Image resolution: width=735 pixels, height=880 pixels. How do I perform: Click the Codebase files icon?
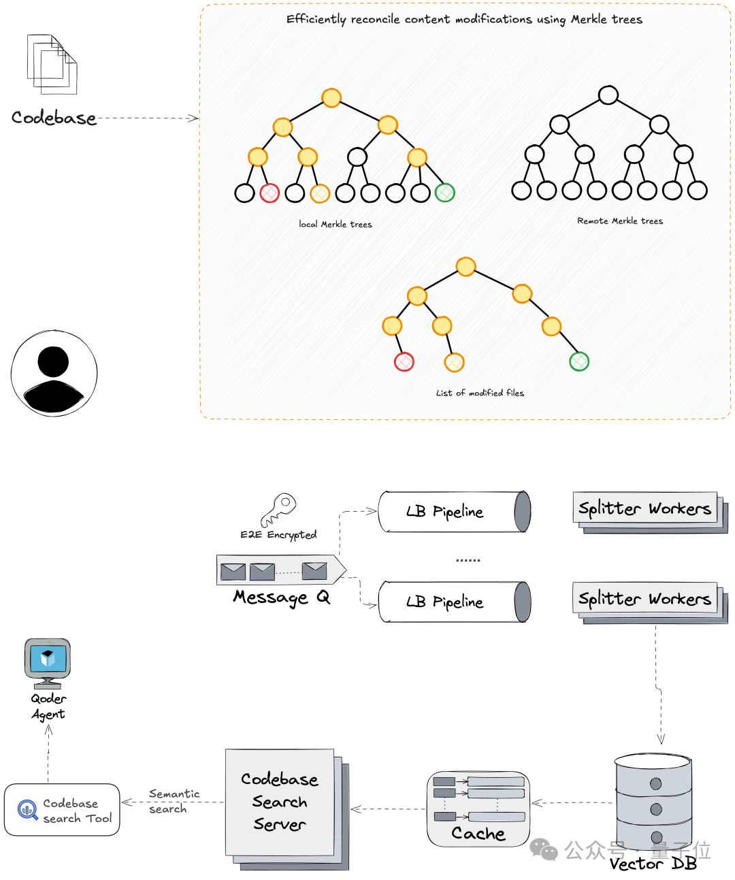pos(52,65)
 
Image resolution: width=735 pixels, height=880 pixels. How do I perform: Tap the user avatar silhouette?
pos(54,373)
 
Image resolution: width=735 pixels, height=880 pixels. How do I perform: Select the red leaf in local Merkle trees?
pos(269,193)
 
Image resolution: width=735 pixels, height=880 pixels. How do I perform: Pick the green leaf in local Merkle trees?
pos(444,193)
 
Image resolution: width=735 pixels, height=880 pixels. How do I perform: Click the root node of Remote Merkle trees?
pos(608,95)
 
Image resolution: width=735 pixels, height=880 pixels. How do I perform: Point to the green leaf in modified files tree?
pos(579,361)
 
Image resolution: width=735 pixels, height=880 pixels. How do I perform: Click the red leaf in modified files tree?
pos(404,361)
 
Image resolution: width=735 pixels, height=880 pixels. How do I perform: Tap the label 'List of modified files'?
pos(480,393)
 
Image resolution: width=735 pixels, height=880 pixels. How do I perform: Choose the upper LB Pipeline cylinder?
pos(454,511)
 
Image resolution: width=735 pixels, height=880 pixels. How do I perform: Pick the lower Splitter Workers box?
pos(645,599)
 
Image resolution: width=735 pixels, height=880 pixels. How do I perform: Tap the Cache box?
pos(478,809)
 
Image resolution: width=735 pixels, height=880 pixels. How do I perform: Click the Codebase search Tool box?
pos(62,810)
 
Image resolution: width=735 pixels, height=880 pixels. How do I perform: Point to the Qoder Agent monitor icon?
pos(47,662)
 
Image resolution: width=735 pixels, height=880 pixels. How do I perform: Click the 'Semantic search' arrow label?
pos(173,801)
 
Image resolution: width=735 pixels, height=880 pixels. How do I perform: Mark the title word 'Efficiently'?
pos(316,19)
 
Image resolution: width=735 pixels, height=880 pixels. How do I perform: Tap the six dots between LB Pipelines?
pos(468,560)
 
